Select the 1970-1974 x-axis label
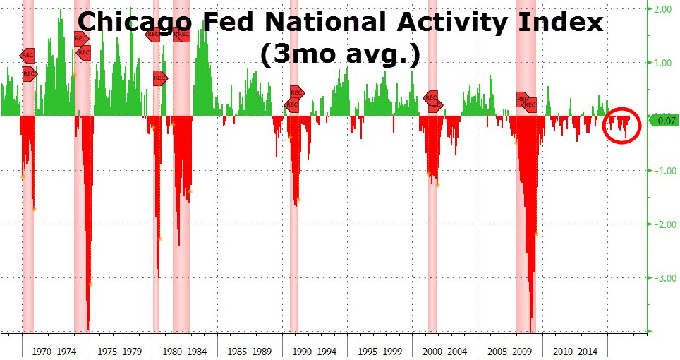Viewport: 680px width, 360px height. [54, 351]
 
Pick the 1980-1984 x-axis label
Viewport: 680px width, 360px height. [185, 351]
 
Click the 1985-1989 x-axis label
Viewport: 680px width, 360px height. [249, 351]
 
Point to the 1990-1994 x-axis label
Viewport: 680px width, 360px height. [315, 351]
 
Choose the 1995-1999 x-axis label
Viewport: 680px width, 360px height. [380, 351]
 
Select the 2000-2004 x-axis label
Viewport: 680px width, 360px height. [445, 351]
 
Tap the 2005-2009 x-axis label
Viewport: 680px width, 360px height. [510, 351]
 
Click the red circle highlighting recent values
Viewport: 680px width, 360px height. [623, 125]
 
